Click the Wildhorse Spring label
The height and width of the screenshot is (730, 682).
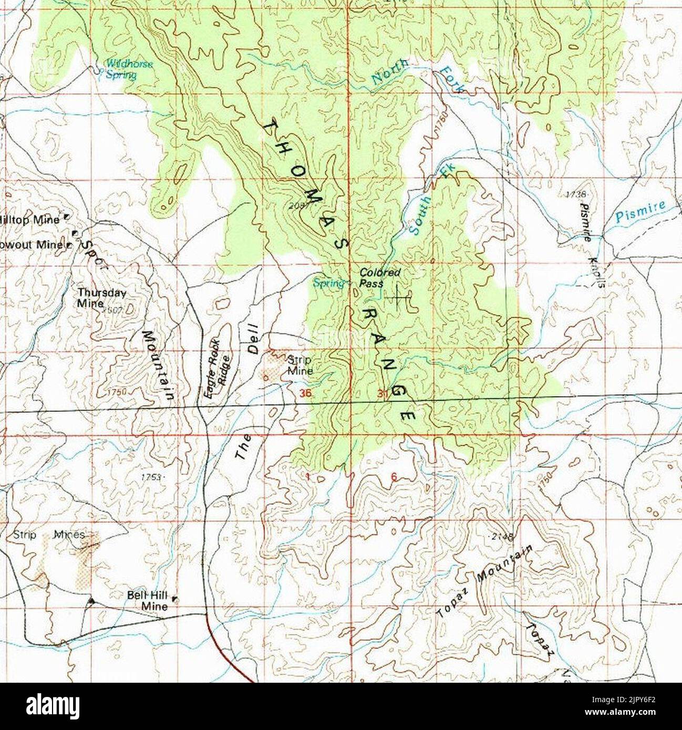[128, 69]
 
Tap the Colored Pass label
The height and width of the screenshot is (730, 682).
[379, 277]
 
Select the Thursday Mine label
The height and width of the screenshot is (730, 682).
[101, 297]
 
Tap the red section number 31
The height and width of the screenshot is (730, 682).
[383, 393]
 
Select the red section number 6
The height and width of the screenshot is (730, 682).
[394, 477]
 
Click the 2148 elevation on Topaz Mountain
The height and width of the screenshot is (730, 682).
[502, 537]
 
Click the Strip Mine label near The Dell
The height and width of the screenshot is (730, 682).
[300, 365]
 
